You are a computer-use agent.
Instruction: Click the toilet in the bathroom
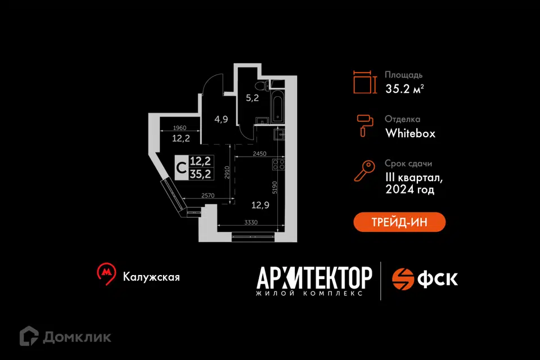tap(259, 86)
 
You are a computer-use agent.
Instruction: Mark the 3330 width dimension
tap(251, 223)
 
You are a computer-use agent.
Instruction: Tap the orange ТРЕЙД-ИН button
tap(399, 222)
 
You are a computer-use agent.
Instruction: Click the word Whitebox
tap(410, 133)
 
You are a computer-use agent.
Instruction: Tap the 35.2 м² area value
tap(404, 88)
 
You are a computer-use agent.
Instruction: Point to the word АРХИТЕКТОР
tap(314, 277)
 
